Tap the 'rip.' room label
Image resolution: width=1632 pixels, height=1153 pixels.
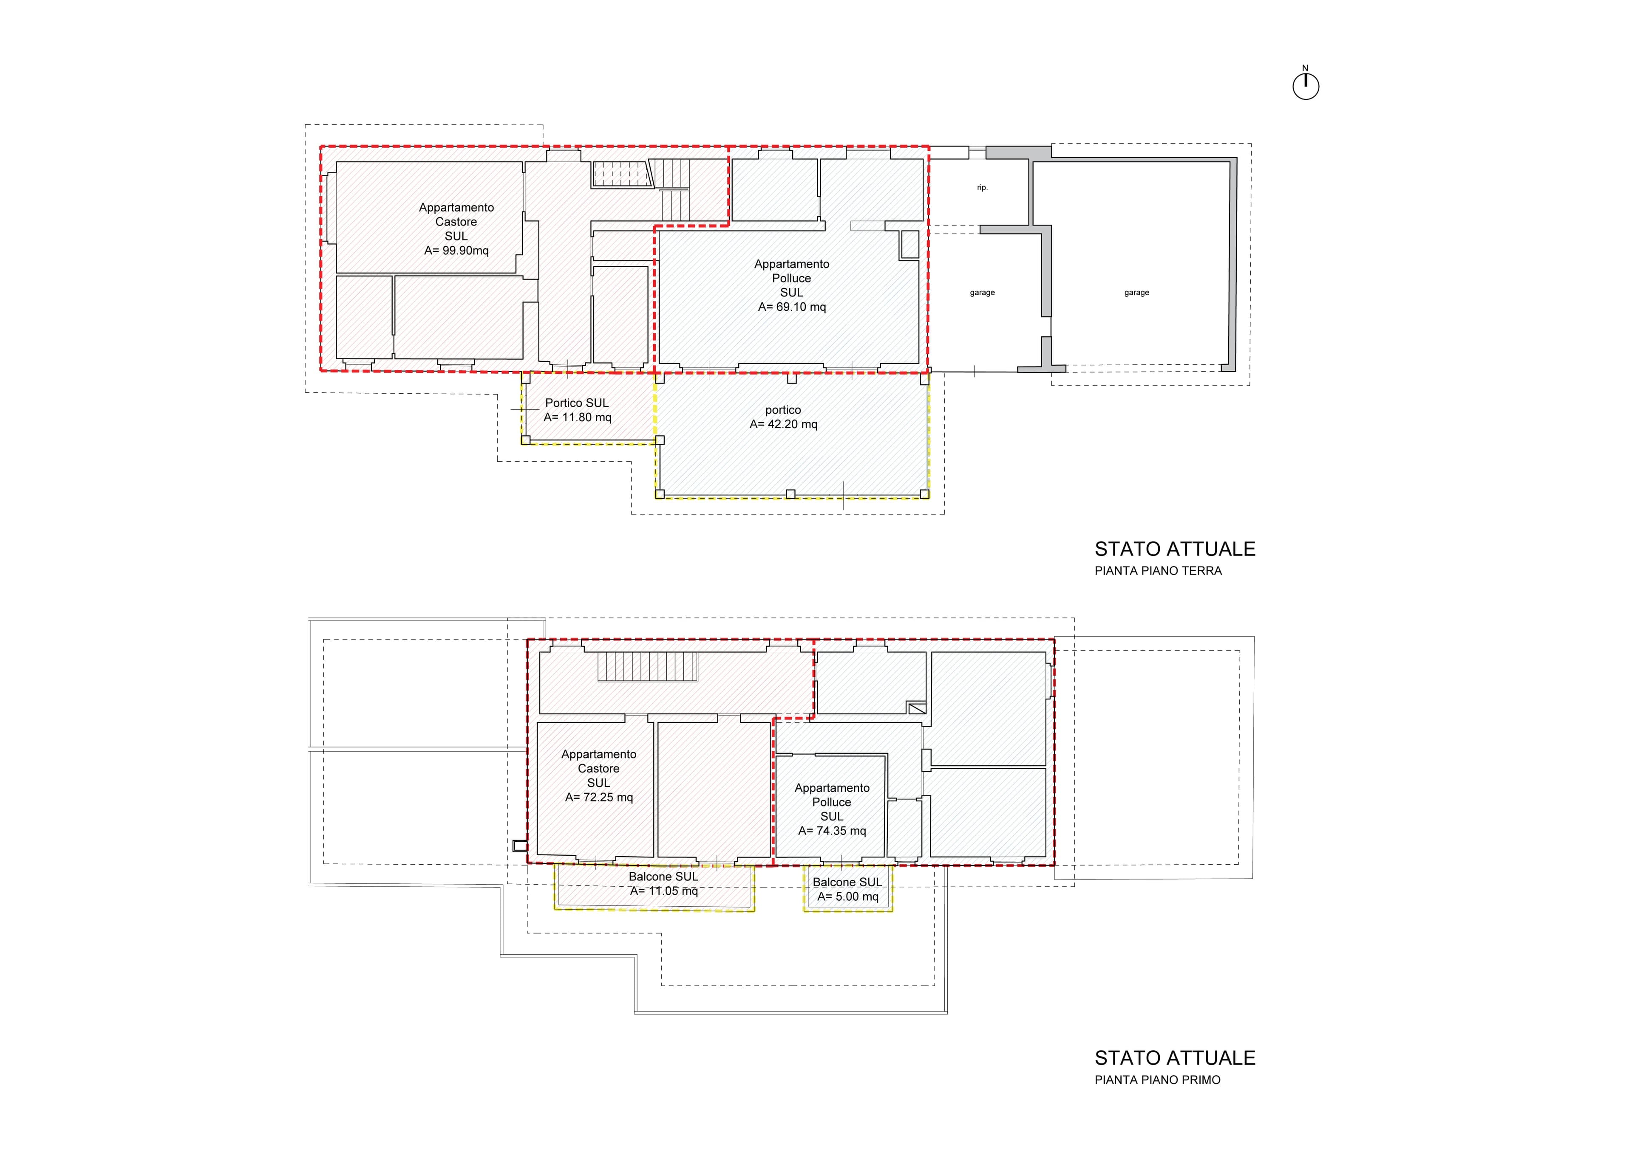click(x=982, y=188)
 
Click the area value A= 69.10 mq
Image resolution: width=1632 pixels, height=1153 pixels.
click(x=792, y=307)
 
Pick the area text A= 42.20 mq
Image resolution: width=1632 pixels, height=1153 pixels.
click(x=783, y=424)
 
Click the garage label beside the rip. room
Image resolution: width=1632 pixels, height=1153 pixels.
click(x=982, y=293)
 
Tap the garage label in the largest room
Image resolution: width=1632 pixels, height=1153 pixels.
click(x=1136, y=293)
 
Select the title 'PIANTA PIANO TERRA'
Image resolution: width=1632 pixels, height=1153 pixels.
click(x=1158, y=570)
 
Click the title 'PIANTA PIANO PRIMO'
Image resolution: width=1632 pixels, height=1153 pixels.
click(x=1158, y=1080)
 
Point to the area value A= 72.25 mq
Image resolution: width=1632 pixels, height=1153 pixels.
click(x=598, y=797)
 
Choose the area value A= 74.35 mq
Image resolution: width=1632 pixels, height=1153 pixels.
click(x=832, y=831)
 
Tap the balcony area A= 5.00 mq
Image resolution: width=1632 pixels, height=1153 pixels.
click(x=847, y=896)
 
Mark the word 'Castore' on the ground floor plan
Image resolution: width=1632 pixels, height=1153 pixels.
click(x=456, y=222)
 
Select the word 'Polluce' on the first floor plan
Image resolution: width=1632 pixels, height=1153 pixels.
click(x=832, y=802)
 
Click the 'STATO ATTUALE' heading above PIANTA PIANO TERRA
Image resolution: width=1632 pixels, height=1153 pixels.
click(x=1175, y=549)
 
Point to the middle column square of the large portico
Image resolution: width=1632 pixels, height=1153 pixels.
click(x=790, y=494)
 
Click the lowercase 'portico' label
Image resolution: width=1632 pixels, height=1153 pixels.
click(x=783, y=410)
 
